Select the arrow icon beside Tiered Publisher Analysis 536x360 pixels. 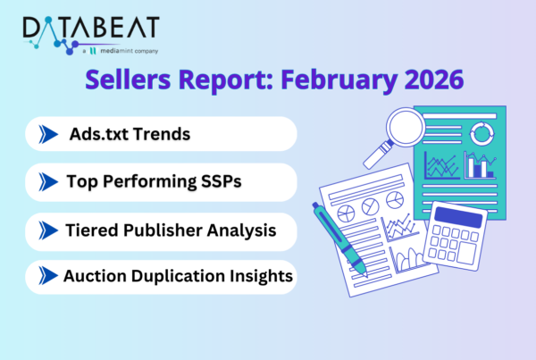[x=46, y=230]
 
